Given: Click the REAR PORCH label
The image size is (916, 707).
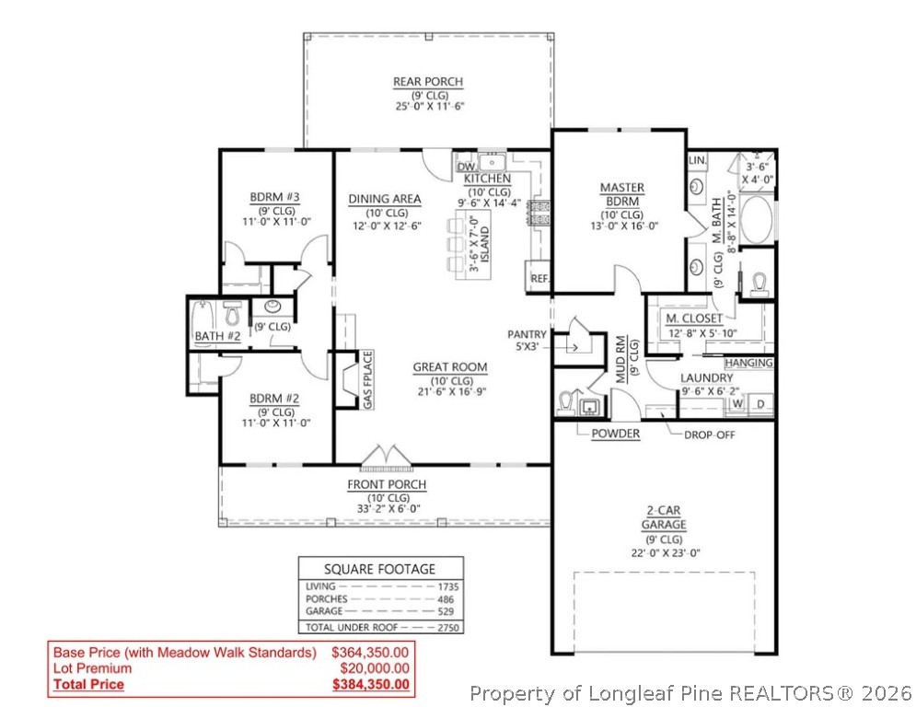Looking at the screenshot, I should [x=428, y=82].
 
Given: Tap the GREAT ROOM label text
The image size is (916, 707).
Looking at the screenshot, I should [x=449, y=367].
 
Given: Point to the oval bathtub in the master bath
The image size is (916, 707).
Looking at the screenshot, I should [x=757, y=219].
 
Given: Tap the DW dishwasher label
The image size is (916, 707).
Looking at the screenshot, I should [x=465, y=167].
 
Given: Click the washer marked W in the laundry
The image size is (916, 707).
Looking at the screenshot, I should [x=737, y=403].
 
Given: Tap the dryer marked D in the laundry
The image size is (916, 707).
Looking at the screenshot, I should [x=760, y=403].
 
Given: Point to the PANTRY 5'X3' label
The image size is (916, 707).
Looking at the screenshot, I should [x=527, y=341].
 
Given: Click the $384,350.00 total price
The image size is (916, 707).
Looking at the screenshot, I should [x=371, y=684].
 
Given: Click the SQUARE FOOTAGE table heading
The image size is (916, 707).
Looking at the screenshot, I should [x=380, y=569].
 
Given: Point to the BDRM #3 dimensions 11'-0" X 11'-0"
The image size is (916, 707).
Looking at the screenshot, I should [x=276, y=221].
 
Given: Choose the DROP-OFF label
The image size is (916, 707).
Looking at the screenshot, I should [x=709, y=434].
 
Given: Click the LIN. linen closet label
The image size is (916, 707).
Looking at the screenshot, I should [x=697, y=160].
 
